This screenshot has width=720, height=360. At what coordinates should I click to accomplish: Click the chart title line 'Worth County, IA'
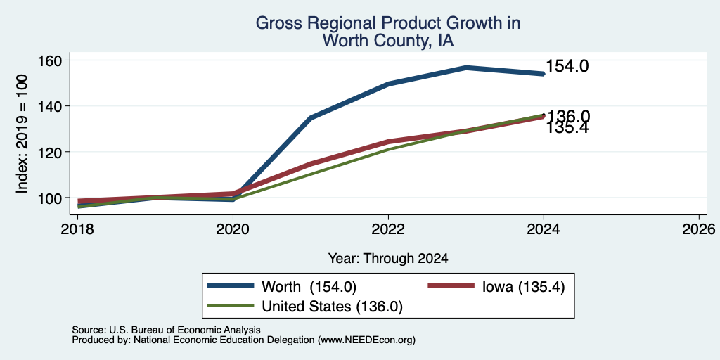point(387,40)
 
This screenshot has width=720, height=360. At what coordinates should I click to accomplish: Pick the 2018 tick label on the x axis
point(77,229)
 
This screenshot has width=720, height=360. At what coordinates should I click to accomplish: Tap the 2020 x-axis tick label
point(233,229)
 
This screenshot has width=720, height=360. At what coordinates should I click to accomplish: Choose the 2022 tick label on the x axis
point(388,229)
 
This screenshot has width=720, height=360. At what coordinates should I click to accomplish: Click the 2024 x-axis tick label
point(544,229)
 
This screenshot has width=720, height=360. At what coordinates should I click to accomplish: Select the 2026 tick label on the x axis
point(700,229)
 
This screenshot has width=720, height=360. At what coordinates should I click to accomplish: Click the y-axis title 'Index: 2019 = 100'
point(22,134)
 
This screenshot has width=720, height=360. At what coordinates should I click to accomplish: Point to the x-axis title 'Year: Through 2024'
point(388,259)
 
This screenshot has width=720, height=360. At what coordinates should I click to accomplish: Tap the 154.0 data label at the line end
point(567,67)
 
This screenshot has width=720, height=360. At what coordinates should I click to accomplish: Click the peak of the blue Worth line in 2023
point(466,67)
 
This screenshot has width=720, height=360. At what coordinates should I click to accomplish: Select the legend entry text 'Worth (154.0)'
point(309,287)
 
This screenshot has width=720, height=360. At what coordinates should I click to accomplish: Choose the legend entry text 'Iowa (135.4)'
point(523,287)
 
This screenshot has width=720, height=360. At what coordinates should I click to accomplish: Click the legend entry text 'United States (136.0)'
point(332,307)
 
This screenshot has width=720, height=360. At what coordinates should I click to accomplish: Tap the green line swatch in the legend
point(231,306)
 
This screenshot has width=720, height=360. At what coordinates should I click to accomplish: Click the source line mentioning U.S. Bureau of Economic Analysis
point(166,330)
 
